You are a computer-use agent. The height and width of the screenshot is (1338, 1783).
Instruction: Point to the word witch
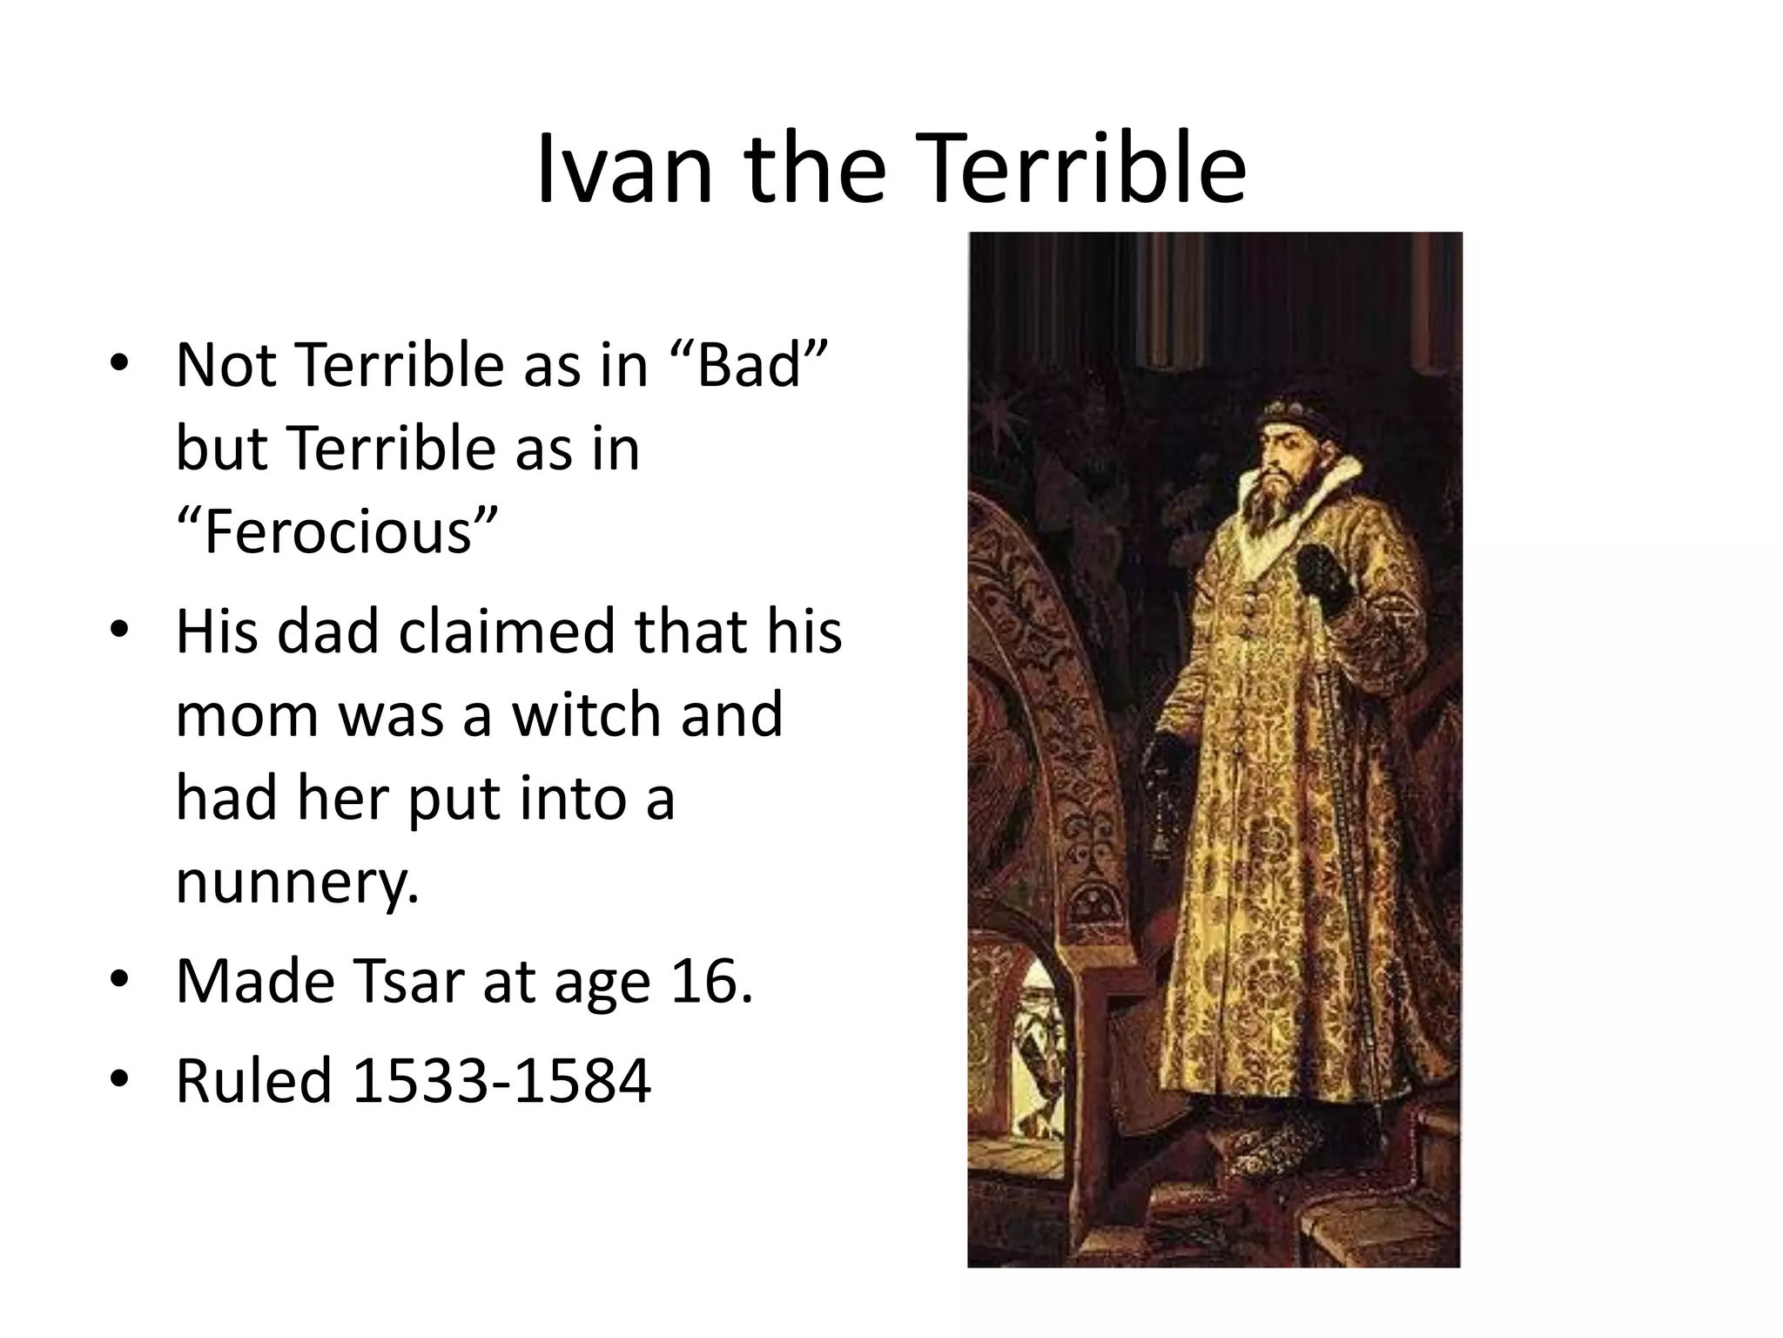click(x=589, y=715)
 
